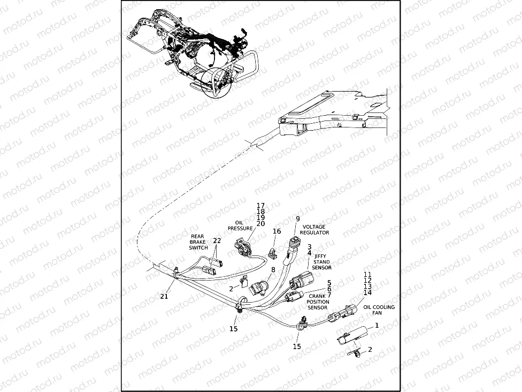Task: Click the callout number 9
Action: (x=298, y=219)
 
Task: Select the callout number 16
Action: (x=277, y=231)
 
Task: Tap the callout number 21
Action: (x=164, y=296)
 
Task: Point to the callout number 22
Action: (x=217, y=241)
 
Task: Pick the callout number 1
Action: (x=377, y=325)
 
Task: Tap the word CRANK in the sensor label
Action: (x=318, y=296)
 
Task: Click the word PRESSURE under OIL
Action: (x=240, y=228)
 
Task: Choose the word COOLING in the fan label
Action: (x=385, y=307)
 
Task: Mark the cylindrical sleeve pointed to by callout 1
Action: (x=352, y=336)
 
